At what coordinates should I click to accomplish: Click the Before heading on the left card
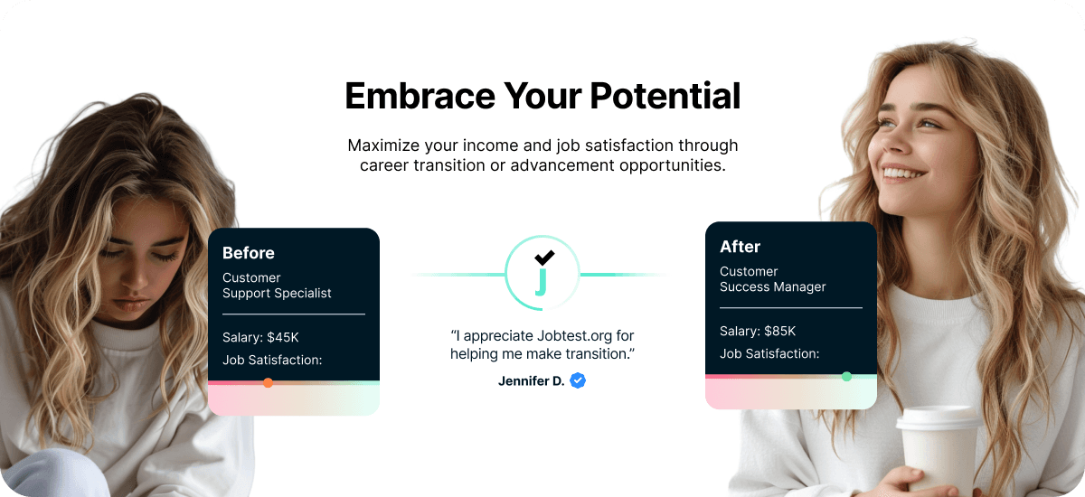coord(249,253)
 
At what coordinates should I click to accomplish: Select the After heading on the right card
coord(740,247)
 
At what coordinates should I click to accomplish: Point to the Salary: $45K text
coord(260,338)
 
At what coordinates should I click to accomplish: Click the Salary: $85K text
coord(758,332)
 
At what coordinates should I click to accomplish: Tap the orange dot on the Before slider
coord(268,383)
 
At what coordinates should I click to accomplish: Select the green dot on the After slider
coord(846,377)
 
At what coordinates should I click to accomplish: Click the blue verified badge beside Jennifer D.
coord(578,380)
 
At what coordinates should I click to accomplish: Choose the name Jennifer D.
coord(531,381)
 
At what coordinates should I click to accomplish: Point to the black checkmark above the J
coord(544,257)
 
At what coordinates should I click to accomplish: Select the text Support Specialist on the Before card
coord(277,294)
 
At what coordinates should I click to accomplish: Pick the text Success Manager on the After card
coord(773,287)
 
